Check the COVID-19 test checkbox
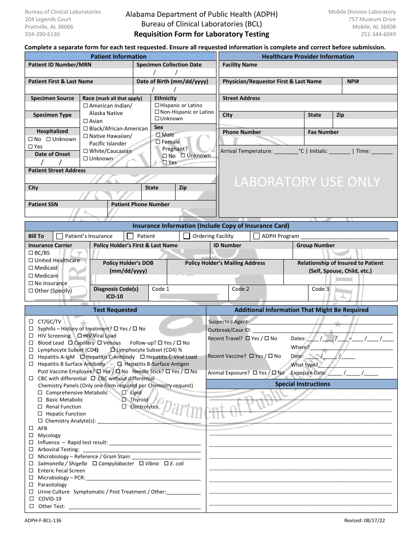pyautogui.click(x=31, y=499)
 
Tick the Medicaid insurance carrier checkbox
pyautogui.click(x=31, y=268)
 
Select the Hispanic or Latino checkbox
pyautogui.click(x=157, y=105)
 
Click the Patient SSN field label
pyautogui.click(x=43, y=204)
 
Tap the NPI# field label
pyautogui.click(x=353, y=82)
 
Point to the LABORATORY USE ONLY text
pyautogui.click(x=307, y=182)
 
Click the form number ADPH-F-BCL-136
pyautogui.click(x=44, y=521)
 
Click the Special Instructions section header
pyautogui.click(x=302, y=384)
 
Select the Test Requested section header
pyautogui.click(x=115, y=310)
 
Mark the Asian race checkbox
pyautogui.click(x=85, y=121)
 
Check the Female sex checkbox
pyautogui.click(x=158, y=142)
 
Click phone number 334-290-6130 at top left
pyautogui.click(x=43, y=34)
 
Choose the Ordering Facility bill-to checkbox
pyautogui.click(x=187, y=236)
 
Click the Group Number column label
pyautogui.click(x=315, y=245)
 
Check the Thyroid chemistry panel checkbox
pyautogui.click(x=125, y=400)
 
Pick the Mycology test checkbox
pyautogui.click(x=31, y=435)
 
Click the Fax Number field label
pyautogui.click(x=323, y=132)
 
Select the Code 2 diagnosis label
pyautogui.click(x=241, y=289)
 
